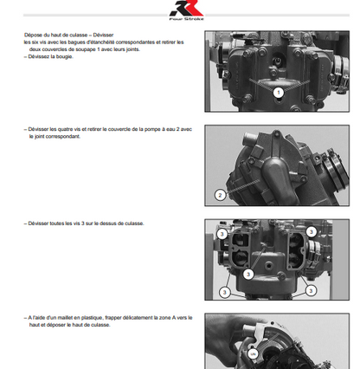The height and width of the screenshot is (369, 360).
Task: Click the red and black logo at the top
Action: tap(179, 10)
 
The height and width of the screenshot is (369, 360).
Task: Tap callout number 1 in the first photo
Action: tap(279, 91)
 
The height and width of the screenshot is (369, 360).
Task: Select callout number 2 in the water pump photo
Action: tap(220, 194)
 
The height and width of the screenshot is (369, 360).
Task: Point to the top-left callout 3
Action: tap(222, 234)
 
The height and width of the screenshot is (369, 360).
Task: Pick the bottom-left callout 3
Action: tap(224, 292)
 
